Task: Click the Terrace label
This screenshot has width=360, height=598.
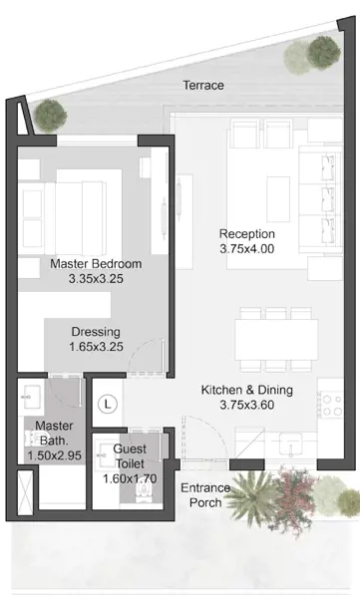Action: point(203,85)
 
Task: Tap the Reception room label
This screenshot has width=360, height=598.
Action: point(247,234)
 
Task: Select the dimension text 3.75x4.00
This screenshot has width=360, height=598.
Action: point(247,249)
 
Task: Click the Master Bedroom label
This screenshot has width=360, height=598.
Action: point(96,264)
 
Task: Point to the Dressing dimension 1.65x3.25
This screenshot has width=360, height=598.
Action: point(96,347)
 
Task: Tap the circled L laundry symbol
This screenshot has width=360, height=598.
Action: point(108,404)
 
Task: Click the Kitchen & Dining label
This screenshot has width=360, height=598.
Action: point(247,390)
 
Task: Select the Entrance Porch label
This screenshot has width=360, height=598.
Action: point(205,495)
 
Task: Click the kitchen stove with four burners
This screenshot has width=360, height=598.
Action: point(331,406)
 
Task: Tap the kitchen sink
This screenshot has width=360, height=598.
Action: point(290,444)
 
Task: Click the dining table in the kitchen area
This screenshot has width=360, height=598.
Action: point(276,340)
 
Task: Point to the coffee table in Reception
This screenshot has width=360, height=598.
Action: point(278,199)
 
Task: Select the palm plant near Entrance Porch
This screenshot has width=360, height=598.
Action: point(251,495)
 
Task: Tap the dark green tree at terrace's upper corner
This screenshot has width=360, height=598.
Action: point(324,52)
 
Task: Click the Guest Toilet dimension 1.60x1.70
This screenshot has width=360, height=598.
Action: point(130,478)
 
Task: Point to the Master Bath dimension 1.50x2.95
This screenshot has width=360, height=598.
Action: point(54,455)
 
